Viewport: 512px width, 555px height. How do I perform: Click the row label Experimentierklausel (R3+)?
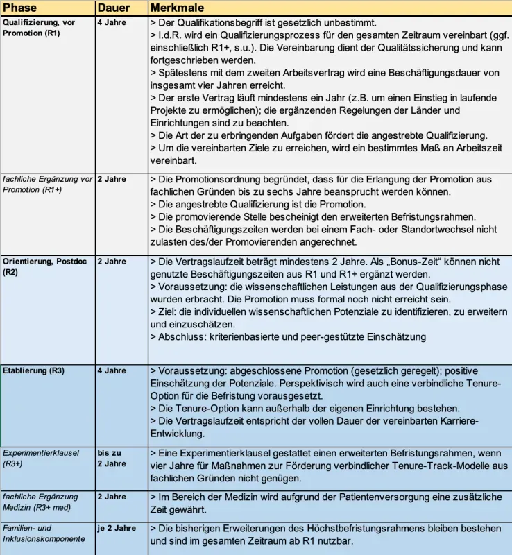41,458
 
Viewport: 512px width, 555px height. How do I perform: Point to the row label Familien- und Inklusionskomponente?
44,533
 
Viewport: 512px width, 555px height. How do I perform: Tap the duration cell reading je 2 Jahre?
117,529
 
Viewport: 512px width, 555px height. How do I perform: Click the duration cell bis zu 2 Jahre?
111,458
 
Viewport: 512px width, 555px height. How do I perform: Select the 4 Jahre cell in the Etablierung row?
111,370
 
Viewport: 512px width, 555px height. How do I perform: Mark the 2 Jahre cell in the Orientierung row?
111,262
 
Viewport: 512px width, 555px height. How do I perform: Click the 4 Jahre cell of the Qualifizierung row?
111,22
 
